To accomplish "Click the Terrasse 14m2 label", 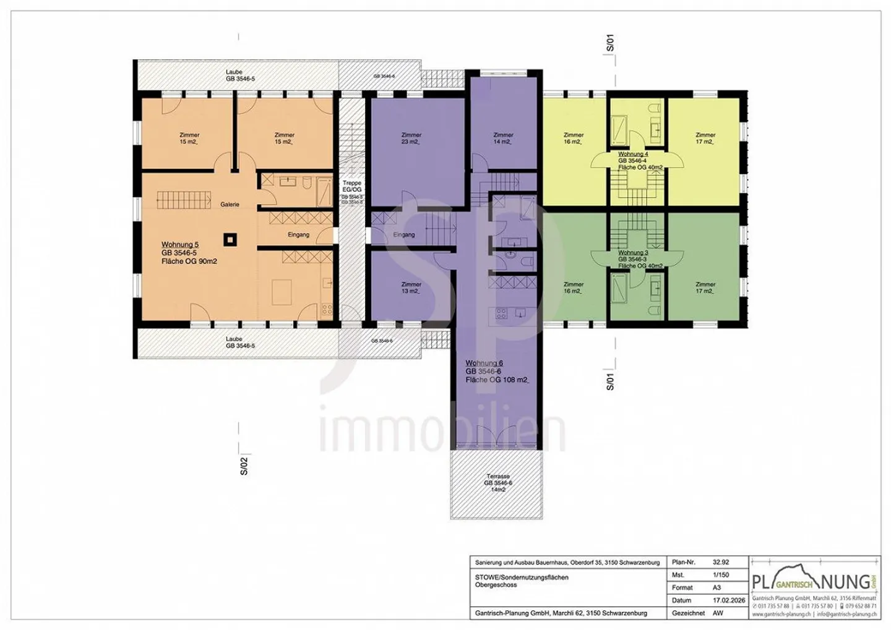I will pyautogui.click(x=498, y=483).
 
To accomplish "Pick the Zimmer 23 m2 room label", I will pyautogui.click(x=411, y=138).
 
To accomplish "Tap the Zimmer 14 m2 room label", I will pyautogui.click(x=503, y=138).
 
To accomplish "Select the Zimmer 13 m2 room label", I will pyautogui.click(x=411, y=287).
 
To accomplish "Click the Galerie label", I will pyautogui.click(x=230, y=205).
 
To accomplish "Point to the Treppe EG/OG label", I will pyautogui.click(x=351, y=186).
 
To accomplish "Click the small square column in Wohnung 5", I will pyautogui.click(x=230, y=239).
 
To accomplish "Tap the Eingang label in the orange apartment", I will pyautogui.click(x=298, y=235).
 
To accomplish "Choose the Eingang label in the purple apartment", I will pyautogui.click(x=404, y=235).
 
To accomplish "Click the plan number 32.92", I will pyautogui.click(x=721, y=562).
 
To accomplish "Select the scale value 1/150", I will pyautogui.click(x=721, y=574).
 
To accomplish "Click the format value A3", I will pyautogui.click(x=717, y=587).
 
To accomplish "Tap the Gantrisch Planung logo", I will pyautogui.click(x=814, y=582).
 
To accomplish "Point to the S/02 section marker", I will pyautogui.click(x=244, y=465).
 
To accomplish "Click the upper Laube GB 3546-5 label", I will pyautogui.click(x=239, y=75).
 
